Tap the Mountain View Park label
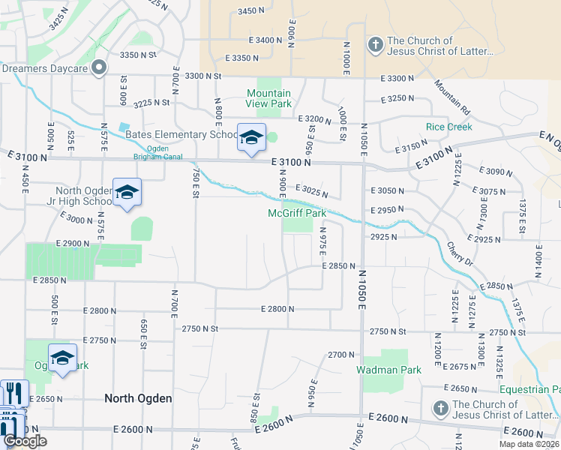pyautogui.click(x=269, y=98)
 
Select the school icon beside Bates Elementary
pyautogui.click(x=251, y=138)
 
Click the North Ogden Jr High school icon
pyautogui.click(x=127, y=193)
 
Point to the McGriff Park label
pyautogui.click(x=297, y=214)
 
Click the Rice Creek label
pyautogui.click(x=448, y=127)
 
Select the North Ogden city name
pyautogui.click(x=138, y=398)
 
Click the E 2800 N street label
pyautogui.click(x=277, y=309)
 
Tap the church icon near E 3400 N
pyautogui.click(x=374, y=46)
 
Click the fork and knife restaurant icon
pyautogui.click(x=14, y=393)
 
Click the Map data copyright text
pyautogui.click(x=529, y=444)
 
